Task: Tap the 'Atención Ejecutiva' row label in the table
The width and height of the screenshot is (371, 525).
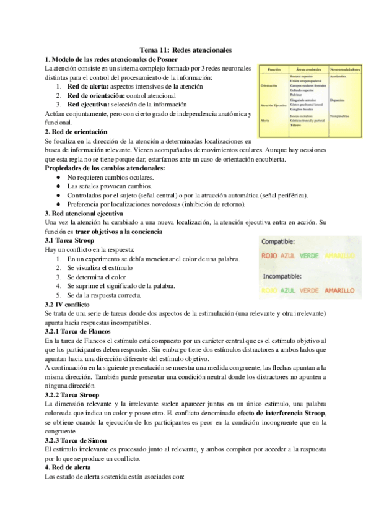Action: [x=273, y=106]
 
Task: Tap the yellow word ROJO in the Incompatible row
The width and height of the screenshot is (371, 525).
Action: [x=269, y=289]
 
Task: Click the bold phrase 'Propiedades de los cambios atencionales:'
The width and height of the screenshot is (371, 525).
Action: [x=105, y=168]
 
